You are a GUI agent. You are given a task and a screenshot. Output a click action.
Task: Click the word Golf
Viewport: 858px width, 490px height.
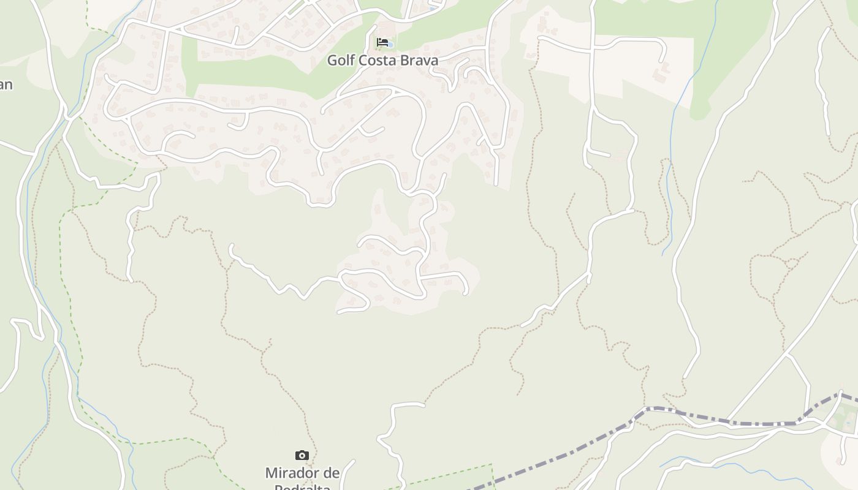341,61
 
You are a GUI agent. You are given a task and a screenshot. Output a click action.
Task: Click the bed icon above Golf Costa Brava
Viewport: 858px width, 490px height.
382,42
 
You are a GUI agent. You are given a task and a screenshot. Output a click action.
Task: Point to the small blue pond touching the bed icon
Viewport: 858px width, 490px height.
390,45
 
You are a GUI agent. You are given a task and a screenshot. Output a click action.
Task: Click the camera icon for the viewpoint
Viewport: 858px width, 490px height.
302,455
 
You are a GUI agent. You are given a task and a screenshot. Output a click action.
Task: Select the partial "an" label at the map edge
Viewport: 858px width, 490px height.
6,85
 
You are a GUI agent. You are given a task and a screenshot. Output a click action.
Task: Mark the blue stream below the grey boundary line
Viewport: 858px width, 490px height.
735,469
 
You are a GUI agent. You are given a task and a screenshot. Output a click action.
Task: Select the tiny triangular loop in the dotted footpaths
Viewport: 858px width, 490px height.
791,263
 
